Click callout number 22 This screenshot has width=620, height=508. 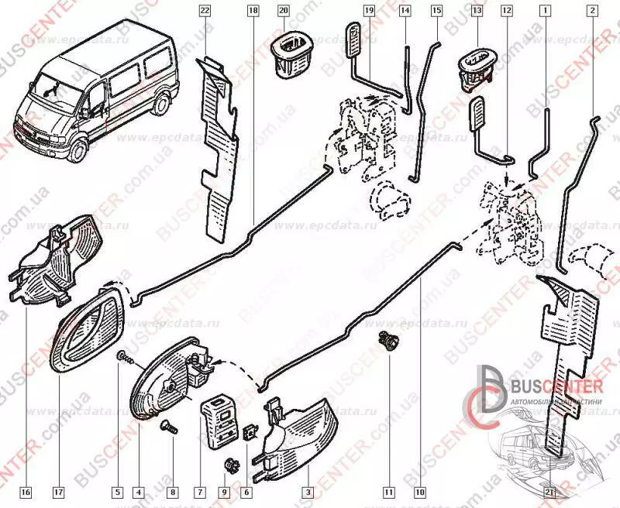(x=205, y=11)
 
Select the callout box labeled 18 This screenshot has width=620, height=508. (x=253, y=11)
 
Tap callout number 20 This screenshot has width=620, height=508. (x=283, y=11)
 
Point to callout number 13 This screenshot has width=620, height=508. (x=477, y=11)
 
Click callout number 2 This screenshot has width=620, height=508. (x=593, y=11)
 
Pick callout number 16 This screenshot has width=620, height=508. (x=26, y=491)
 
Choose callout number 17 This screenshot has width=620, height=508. (x=59, y=491)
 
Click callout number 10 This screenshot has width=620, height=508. (x=420, y=491)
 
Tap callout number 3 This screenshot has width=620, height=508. (x=308, y=491)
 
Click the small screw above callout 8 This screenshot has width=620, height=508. (x=167, y=425)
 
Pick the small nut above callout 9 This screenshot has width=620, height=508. (x=229, y=464)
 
